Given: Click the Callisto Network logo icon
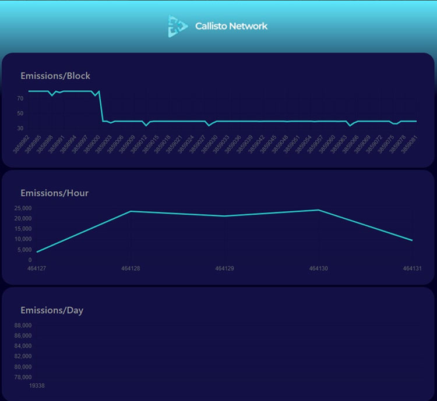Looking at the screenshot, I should tap(178, 26).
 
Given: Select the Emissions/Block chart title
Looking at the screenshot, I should tap(55, 76).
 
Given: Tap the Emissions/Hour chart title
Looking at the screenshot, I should tap(54, 193).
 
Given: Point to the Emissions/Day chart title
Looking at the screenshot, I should tap(52, 310).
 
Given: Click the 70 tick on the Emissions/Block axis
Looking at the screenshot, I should tap(20, 98).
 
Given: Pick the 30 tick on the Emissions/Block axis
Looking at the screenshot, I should tap(20, 128).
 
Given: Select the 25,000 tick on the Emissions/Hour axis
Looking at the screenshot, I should tap(22, 208).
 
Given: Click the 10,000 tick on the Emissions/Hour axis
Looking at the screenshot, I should tap(22, 239).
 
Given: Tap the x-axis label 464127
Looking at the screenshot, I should tap(37, 268).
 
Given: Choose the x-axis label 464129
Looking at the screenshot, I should tap(224, 268).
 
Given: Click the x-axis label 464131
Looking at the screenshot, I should tap(412, 268).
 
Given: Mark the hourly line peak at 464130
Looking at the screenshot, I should tap(318, 210).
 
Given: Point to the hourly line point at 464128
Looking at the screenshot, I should tap(131, 211).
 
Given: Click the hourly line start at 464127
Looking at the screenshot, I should tap(37, 252).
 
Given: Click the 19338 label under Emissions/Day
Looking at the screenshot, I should tap(36, 385).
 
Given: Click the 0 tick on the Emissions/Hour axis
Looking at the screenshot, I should tap(29, 260).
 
